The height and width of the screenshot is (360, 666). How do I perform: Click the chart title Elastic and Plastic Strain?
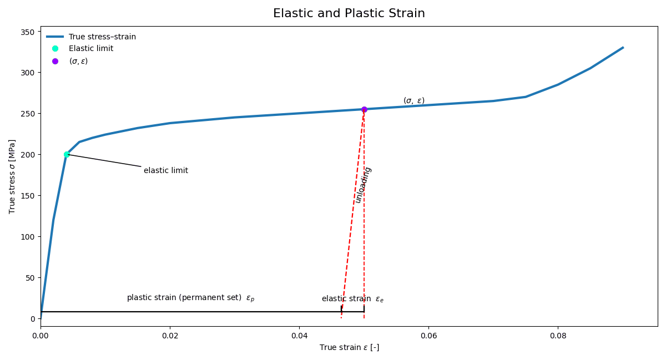point(349,13)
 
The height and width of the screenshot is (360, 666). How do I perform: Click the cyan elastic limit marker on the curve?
point(67,155)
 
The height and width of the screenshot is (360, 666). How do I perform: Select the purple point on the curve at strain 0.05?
point(364,109)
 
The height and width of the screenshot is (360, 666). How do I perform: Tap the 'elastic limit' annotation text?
point(166,171)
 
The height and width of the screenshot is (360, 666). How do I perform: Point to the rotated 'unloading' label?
point(363,185)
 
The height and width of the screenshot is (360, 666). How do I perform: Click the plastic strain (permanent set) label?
point(190,298)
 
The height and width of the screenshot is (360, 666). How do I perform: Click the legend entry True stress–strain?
point(102,37)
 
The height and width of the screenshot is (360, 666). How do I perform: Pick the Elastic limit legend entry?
point(90,49)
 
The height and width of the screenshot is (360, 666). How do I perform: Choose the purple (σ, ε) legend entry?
point(78,61)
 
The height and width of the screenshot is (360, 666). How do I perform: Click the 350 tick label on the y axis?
point(27,32)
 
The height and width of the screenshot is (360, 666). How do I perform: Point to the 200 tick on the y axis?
point(27,155)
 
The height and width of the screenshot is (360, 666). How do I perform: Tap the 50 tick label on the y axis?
point(29,277)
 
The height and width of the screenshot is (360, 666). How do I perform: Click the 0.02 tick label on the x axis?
point(170,336)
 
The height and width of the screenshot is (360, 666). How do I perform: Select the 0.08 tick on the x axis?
point(558,336)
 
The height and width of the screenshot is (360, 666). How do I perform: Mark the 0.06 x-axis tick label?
point(428,336)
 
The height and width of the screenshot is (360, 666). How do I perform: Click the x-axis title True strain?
point(349,348)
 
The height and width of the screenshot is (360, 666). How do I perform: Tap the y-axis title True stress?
point(12,176)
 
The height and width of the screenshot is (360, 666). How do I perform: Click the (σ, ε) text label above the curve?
point(413,100)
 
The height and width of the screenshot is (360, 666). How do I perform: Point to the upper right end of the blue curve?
point(623,48)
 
